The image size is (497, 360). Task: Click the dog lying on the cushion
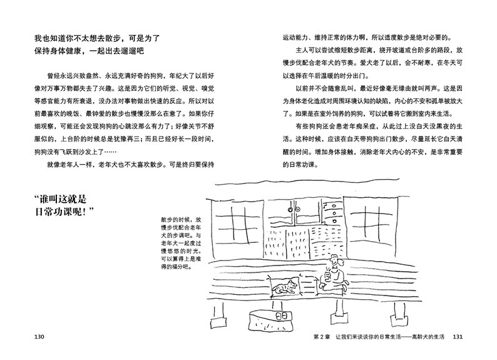[x=284, y=287]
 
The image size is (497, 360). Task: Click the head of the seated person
[x=334, y=261]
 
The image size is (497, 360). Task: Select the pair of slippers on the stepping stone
[x=282, y=316]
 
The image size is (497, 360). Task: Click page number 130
[x=39, y=337]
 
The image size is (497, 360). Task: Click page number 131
[x=458, y=337]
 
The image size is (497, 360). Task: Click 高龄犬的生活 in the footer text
[x=428, y=337]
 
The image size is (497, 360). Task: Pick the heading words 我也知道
[x=50, y=39]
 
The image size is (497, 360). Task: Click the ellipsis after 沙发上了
[x=110, y=152]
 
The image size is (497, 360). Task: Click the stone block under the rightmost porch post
[x=399, y=319]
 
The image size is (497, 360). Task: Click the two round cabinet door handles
[x=294, y=210]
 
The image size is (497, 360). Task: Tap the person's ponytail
[x=341, y=262]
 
